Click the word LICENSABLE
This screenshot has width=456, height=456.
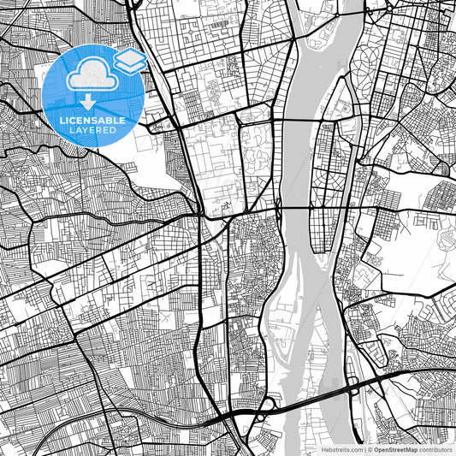tap(92, 121)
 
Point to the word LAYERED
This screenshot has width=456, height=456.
tap(92, 130)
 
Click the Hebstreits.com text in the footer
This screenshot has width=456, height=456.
tap(340, 448)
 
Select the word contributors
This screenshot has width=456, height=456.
tap(435, 448)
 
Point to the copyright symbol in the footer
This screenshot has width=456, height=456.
tap(369, 448)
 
